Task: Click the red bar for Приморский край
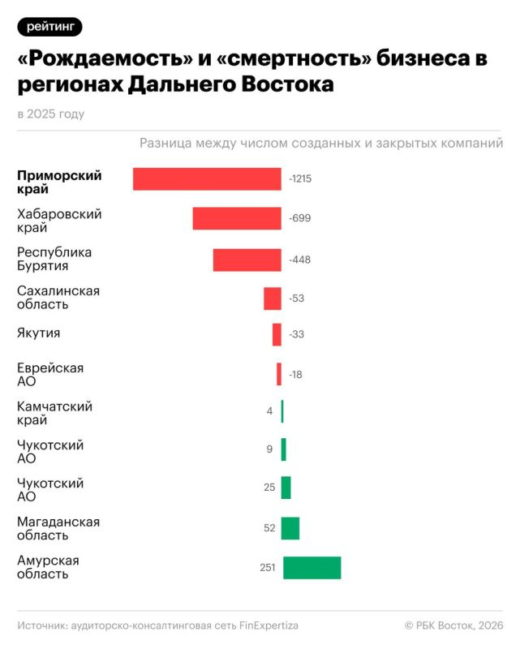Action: point(207,179)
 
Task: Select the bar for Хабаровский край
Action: point(237,218)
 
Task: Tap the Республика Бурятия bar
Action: point(247,260)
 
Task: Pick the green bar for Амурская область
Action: point(312,568)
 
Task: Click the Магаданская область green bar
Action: point(290,528)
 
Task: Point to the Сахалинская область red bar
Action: point(273,299)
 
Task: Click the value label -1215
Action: point(300,179)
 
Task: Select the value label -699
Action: point(300,218)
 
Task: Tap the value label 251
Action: point(268,568)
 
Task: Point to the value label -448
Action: point(300,260)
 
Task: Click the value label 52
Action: point(269,528)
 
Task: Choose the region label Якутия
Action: point(39,333)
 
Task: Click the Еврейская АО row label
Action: point(50,375)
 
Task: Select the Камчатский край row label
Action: point(54,413)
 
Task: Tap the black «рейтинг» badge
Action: point(49,28)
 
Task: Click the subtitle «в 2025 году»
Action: point(50,114)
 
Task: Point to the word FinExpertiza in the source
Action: point(264,625)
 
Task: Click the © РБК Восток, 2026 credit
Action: point(454,625)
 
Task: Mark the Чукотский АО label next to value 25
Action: point(50,490)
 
